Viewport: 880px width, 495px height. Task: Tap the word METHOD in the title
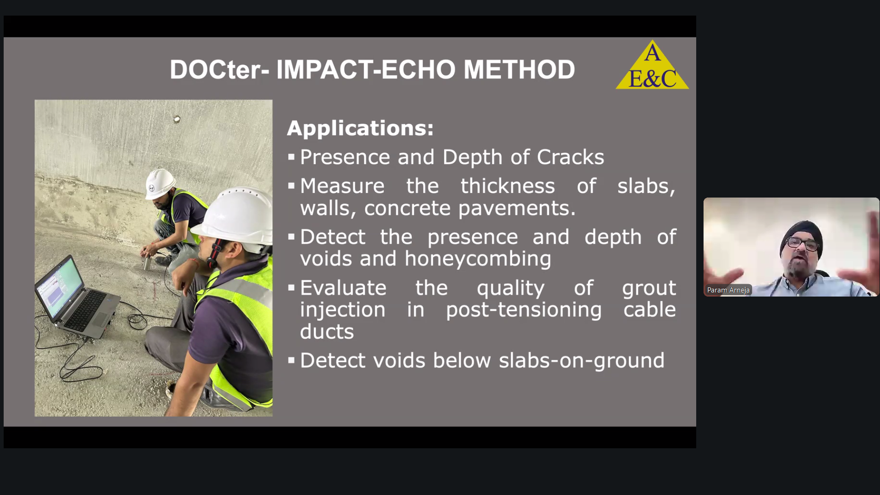pos(519,70)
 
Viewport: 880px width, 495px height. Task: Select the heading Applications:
pos(360,128)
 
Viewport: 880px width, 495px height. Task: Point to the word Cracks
pos(570,157)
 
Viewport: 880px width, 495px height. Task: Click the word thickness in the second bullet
pos(507,186)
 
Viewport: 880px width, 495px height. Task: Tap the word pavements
pos(517,209)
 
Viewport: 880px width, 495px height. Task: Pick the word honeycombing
pos(478,259)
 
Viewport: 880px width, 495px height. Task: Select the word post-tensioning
pos(523,310)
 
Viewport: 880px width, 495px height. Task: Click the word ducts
pos(327,331)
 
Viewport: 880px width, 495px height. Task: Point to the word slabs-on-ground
pos(581,361)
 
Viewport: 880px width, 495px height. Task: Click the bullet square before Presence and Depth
pos(291,158)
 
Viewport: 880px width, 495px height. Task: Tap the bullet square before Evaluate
pos(291,288)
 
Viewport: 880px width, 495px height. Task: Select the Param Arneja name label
pos(728,290)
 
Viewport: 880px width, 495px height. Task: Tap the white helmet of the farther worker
pos(159,182)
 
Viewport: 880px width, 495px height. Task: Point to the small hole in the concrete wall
pos(177,120)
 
